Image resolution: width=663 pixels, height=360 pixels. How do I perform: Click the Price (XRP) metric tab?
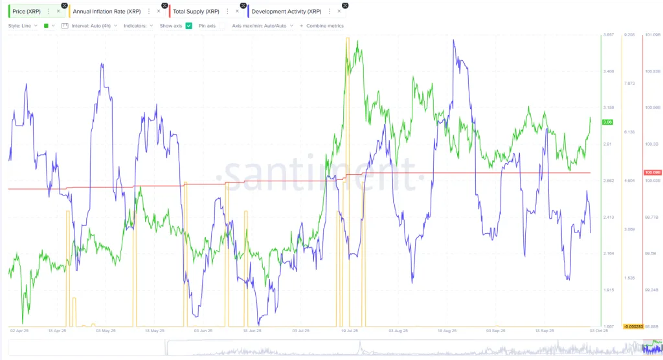coord(28,11)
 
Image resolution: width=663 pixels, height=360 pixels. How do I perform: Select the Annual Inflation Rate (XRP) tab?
coord(108,11)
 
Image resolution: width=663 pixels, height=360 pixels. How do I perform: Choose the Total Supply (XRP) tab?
coord(197,11)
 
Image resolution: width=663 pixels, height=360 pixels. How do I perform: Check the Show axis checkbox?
coord(188,26)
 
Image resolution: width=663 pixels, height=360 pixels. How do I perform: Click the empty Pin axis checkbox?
coord(221,26)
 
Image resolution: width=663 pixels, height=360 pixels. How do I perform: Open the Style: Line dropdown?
coord(22,26)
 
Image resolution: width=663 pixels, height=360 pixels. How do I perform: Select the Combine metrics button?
coord(322,26)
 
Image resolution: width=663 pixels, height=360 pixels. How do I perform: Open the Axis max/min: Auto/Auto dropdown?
coord(262,26)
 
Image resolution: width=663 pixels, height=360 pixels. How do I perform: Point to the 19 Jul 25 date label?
coord(350,330)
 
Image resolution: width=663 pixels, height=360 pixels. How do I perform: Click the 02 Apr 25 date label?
coord(20,330)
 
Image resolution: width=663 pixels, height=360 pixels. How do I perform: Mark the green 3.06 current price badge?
coord(607,122)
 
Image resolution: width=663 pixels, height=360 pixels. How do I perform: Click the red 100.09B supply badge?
coord(651,172)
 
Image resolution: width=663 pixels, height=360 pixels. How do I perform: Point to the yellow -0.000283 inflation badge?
coord(632,326)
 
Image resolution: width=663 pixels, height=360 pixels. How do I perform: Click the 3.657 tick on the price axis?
coord(608,34)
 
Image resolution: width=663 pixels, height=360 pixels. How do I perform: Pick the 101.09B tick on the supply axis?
coord(652,34)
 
